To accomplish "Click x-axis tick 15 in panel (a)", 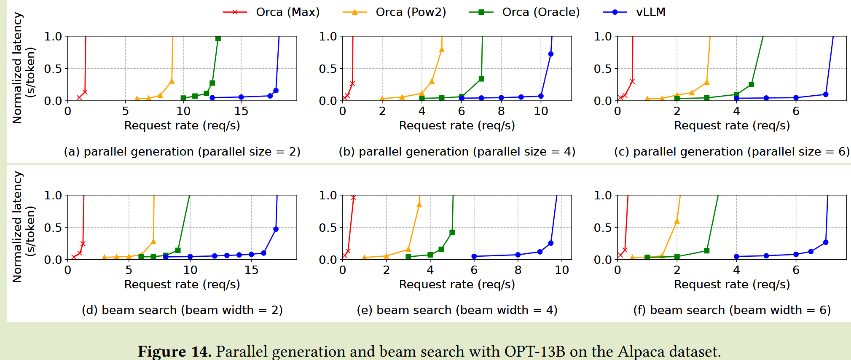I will point(241,111).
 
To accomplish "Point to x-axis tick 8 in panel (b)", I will point(501,111).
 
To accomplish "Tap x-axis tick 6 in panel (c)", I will point(796,111).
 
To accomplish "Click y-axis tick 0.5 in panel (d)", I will point(53,228).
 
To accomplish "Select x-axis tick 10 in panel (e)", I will point(562,270).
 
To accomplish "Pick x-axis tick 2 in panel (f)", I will point(677,270).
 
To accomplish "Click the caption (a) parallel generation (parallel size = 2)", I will point(182,152).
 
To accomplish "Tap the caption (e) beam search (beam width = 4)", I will point(457,310).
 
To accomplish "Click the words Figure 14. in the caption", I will point(174,351).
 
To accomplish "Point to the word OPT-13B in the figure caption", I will point(534,351).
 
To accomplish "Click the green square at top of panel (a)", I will point(218,38).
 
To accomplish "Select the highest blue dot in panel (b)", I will point(551,54).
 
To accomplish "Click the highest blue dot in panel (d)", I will point(276,229).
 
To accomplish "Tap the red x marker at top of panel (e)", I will point(353,198).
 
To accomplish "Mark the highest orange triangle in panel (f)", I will point(677,221).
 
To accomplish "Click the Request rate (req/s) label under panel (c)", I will point(732,126).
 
